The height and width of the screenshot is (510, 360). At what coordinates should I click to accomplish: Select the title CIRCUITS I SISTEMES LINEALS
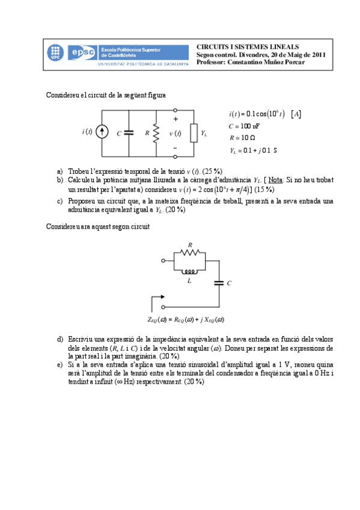coord(247,46)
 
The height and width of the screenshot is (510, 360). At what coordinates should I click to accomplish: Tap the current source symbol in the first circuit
coord(102,133)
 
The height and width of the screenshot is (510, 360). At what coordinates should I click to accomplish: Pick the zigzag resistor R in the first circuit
coord(155,133)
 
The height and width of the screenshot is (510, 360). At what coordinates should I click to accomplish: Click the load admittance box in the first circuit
coord(193,133)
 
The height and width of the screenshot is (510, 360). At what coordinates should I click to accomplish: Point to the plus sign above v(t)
coord(175,120)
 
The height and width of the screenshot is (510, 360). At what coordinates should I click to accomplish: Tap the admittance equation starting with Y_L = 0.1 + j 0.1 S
coord(253,151)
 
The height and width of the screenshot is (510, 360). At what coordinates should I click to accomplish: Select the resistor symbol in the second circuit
coord(191,253)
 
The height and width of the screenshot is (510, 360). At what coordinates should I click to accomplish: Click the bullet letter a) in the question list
coord(59,171)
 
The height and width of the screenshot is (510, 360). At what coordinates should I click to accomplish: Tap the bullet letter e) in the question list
coord(59,364)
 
